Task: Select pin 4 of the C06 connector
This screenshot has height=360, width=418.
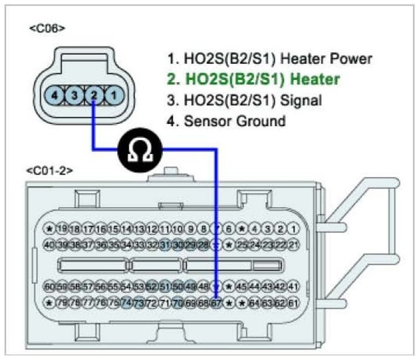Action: point(54,96)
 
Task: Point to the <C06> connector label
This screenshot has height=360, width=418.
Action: point(47,27)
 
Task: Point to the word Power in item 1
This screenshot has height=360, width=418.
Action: point(354,58)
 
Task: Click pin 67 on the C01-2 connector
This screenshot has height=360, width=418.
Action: point(216,303)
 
